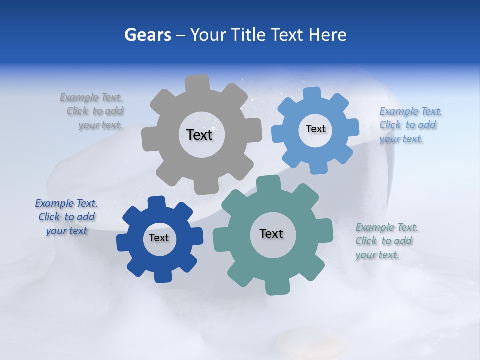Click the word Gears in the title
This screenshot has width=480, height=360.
pyautogui.click(x=147, y=35)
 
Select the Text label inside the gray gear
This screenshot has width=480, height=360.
pyautogui.click(x=199, y=135)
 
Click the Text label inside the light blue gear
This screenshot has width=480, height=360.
pyautogui.click(x=315, y=129)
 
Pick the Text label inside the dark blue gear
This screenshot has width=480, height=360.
pyautogui.click(x=159, y=238)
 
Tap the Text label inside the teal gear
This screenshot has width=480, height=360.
pyautogui.click(x=271, y=233)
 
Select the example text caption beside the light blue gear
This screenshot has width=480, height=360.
pyautogui.click(x=410, y=125)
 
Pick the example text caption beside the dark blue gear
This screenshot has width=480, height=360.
pyautogui.click(x=67, y=217)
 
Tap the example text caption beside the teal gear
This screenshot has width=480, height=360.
pyautogui.click(x=386, y=241)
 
